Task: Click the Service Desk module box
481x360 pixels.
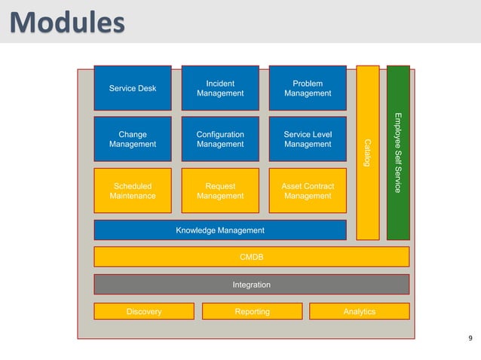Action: [133, 89]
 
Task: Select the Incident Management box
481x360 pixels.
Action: [220, 89]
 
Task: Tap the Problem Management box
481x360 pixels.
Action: [308, 89]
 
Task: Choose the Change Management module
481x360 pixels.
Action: [133, 139]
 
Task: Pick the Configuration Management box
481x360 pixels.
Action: [220, 139]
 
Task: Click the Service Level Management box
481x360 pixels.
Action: [308, 139]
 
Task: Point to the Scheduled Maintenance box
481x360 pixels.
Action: [133, 191]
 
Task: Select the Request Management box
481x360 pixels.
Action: [220, 191]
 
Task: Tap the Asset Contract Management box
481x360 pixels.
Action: [308, 191]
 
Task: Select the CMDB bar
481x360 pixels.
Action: [251, 257]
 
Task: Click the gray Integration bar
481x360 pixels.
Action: [251, 285]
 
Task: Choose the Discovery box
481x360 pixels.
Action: [143, 311]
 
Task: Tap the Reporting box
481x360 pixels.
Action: [252, 311]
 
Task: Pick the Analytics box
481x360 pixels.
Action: [359, 311]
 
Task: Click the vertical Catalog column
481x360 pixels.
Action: [368, 153]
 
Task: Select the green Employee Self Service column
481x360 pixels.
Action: [398, 153]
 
